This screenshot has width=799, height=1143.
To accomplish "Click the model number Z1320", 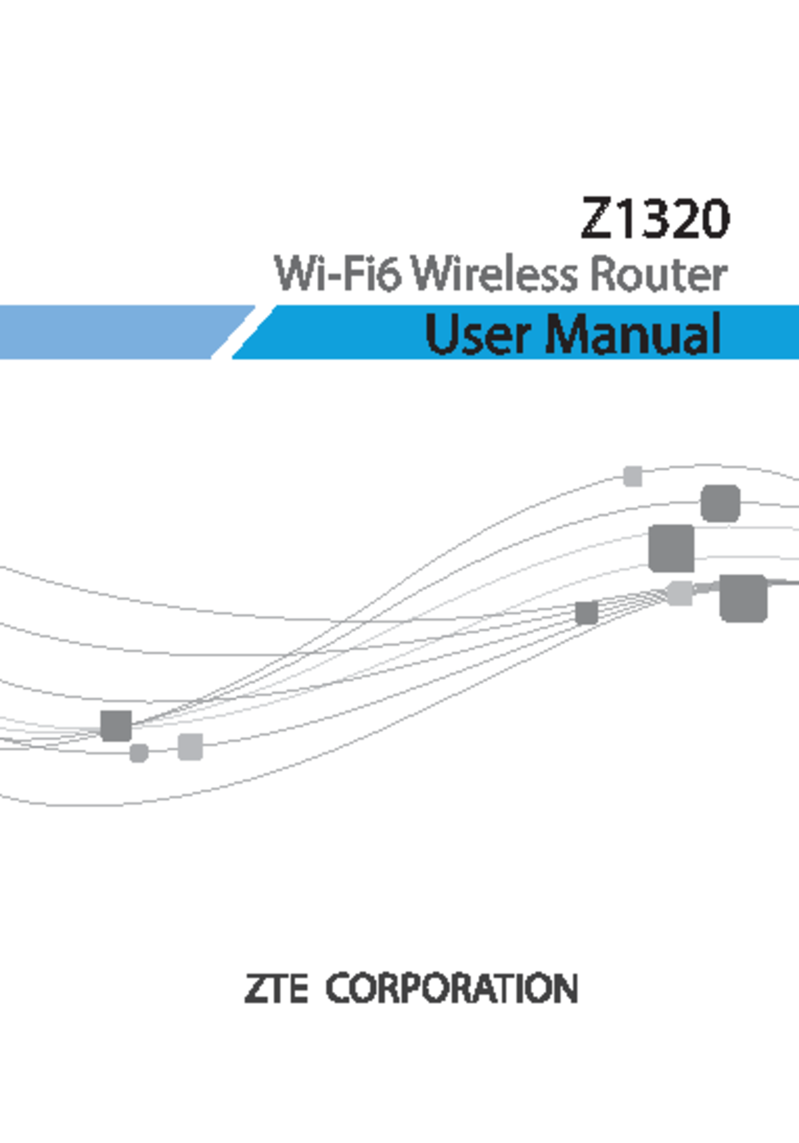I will click(655, 218).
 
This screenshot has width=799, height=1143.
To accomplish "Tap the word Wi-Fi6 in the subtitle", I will click(338, 274).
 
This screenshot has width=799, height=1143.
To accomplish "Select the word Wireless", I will click(494, 274).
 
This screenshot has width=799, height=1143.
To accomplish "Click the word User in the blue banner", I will click(478, 334).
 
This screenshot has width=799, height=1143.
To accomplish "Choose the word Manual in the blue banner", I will click(633, 334).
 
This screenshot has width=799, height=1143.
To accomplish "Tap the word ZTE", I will click(276, 989).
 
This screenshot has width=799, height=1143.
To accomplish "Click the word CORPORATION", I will click(451, 989).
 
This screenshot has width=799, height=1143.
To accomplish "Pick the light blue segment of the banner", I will click(113, 332).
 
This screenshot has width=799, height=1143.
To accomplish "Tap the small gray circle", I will click(138, 753).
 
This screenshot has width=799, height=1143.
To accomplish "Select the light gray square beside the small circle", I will click(190, 746).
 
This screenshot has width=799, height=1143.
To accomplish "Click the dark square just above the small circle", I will click(116, 725).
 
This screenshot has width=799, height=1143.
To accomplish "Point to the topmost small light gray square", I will click(633, 476).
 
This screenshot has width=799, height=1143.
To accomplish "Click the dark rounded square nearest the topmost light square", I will click(720, 504).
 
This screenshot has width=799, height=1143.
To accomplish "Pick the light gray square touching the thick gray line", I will click(680, 593).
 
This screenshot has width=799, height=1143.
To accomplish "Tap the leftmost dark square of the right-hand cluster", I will click(587, 613).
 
